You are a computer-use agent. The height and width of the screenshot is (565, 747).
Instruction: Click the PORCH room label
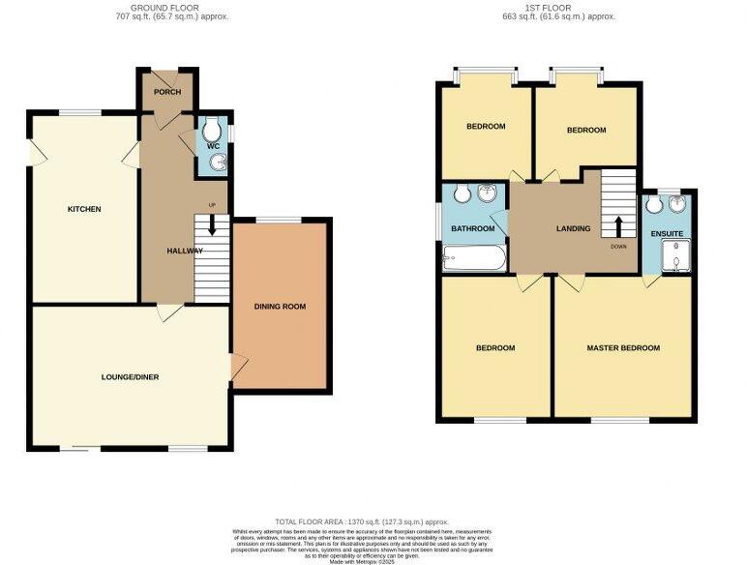[167, 93]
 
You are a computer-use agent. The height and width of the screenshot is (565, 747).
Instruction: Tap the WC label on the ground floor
[214, 146]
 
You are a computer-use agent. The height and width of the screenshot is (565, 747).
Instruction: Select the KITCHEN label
[84, 209]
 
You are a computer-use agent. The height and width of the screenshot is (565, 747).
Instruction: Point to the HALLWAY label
[185, 251]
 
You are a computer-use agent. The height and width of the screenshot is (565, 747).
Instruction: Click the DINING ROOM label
[280, 307]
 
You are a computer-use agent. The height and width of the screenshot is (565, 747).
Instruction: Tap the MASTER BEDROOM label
[623, 348]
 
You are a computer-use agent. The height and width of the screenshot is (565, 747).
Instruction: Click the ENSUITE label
[667, 234]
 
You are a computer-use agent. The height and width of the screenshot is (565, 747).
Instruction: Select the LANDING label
[573, 228]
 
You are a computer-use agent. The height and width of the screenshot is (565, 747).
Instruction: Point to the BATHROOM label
[473, 228]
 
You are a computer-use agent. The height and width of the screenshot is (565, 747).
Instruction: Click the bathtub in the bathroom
[472, 257]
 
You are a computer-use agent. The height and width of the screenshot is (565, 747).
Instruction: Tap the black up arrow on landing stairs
[617, 226]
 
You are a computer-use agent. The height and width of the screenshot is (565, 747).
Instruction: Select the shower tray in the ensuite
[672, 256]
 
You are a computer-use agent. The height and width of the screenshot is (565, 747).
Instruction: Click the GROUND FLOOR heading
[165, 7]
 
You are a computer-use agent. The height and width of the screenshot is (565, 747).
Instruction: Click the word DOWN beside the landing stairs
[619, 246]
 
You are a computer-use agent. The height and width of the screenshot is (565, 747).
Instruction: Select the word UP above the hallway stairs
[212, 204]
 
